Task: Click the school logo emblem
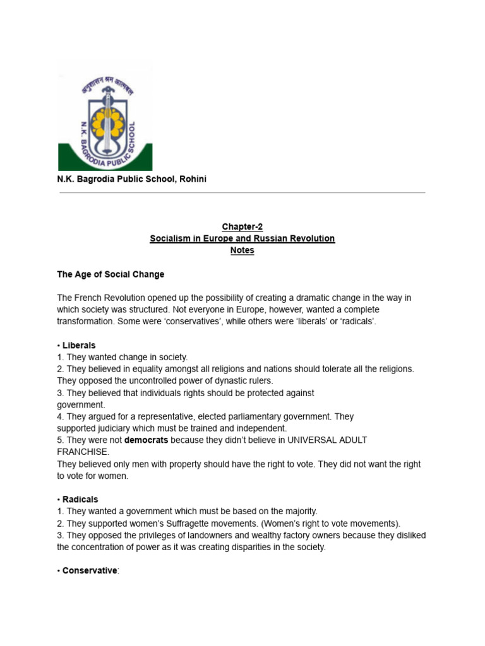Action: tap(105, 117)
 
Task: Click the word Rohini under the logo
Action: tap(192, 179)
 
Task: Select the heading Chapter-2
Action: tap(242, 226)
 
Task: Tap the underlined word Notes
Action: tap(242, 250)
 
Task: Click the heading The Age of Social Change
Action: tap(111, 274)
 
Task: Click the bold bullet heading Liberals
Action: tap(79, 346)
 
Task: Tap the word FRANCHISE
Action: tap(83, 452)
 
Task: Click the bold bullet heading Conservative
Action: tap(89, 571)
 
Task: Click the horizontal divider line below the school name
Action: tap(242, 193)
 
